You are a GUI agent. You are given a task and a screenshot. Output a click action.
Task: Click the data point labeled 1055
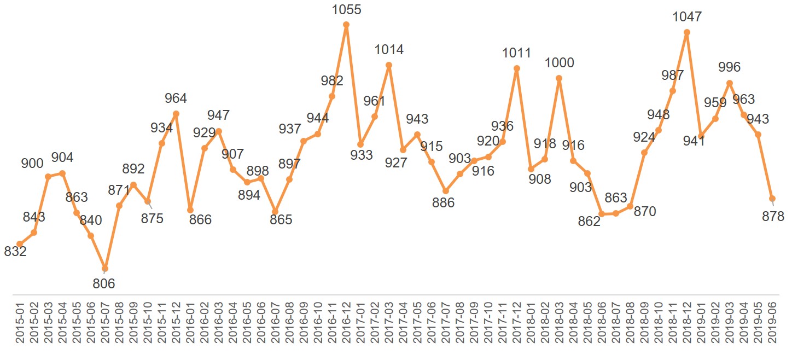pos(346,25)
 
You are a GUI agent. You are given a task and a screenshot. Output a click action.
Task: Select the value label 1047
pos(687,17)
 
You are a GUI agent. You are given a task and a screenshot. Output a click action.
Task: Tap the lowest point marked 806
pos(105,269)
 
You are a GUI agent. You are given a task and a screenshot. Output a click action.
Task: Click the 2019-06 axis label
pos(772,324)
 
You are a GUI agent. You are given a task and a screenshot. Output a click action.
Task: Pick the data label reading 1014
pos(389,50)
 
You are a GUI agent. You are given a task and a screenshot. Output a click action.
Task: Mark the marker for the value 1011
pos(516,68)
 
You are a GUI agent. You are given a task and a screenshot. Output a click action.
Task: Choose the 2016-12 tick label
pos(346,324)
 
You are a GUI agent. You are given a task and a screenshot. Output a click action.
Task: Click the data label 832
pos(15,252)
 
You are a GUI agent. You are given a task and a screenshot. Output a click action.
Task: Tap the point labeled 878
pos(772,199)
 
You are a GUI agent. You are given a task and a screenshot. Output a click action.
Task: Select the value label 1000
pos(559,63)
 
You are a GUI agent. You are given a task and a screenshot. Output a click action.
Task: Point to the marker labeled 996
pos(730,83)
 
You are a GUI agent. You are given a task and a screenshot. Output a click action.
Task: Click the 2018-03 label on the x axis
pos(559,324)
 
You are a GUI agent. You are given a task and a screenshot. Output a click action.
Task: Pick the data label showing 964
pos(176,98)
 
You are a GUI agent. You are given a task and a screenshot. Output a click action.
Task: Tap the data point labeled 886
pos(446,191)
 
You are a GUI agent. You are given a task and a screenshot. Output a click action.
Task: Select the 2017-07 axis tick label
pos(446,324)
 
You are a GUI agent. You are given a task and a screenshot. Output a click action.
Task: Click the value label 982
pos(332,81)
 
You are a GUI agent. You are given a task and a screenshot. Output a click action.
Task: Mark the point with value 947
pos(219,131)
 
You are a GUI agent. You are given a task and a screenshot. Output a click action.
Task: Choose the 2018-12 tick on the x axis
pos(687,324)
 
